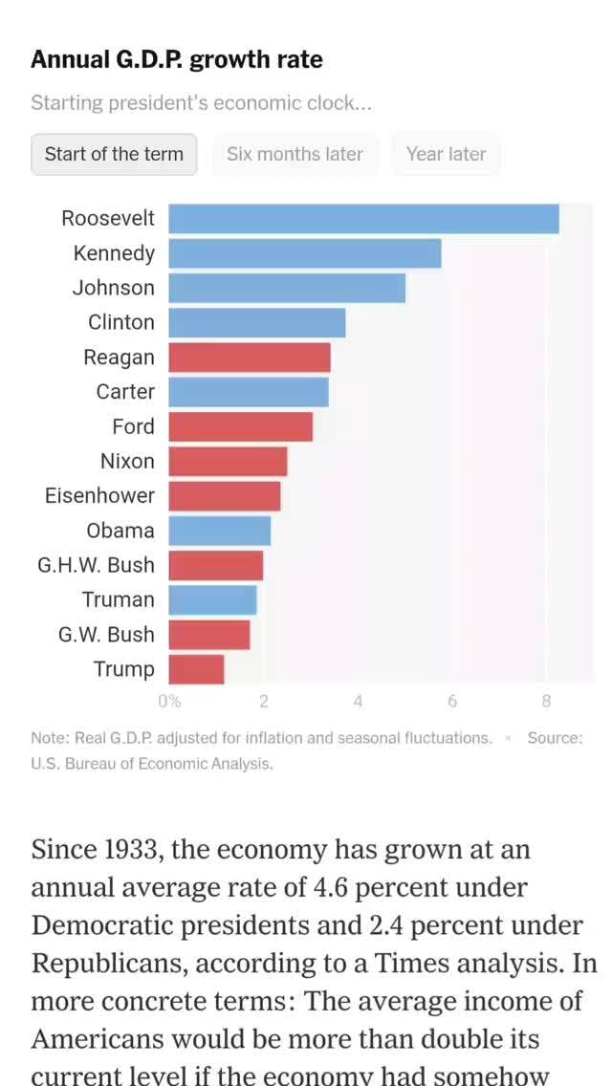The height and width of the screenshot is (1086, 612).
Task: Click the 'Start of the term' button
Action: point(114,154)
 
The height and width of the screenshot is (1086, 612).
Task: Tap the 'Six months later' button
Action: point(295,154)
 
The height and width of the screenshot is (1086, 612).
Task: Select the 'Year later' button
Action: point(446,154)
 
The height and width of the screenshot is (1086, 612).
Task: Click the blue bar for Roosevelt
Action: point(363,219)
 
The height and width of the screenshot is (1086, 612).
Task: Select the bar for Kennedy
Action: point(305,253)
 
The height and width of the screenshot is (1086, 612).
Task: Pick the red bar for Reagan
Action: point(250,358)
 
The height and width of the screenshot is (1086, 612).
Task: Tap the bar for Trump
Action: point(197,669)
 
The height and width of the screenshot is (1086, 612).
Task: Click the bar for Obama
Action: point(220,531)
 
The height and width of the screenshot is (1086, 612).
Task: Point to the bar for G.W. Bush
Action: point(209,635)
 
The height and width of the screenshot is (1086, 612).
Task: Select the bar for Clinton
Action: point(257,323)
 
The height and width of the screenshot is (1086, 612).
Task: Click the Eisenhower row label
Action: point(99,496)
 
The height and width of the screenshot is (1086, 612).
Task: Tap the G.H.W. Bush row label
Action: point(96,565)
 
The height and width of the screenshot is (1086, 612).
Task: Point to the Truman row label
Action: point(118,600)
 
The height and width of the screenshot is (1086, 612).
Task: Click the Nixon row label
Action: point(127,462)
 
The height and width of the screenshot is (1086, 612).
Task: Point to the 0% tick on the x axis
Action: point(169,702)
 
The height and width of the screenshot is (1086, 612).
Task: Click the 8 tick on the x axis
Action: point(546,702)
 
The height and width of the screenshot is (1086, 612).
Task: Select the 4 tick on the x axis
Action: point(358,702)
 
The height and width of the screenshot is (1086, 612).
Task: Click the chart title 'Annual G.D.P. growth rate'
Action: point(177,60)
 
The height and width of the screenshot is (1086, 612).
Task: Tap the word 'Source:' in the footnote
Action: point(555,738)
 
